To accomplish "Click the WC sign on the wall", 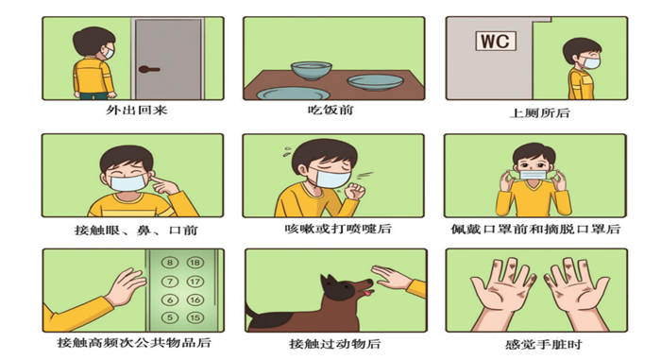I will click(496, 42).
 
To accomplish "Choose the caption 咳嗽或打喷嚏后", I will click(325, 229).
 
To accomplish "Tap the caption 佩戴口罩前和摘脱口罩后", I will click(535, 229).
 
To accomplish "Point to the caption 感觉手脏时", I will click(535, 343).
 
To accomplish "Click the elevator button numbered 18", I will click(195, 263).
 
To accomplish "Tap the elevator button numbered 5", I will click(170, 317).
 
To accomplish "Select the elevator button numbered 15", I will click(195, 317).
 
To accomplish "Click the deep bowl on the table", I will click(310, 70).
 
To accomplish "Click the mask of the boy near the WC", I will click(588, 64).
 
